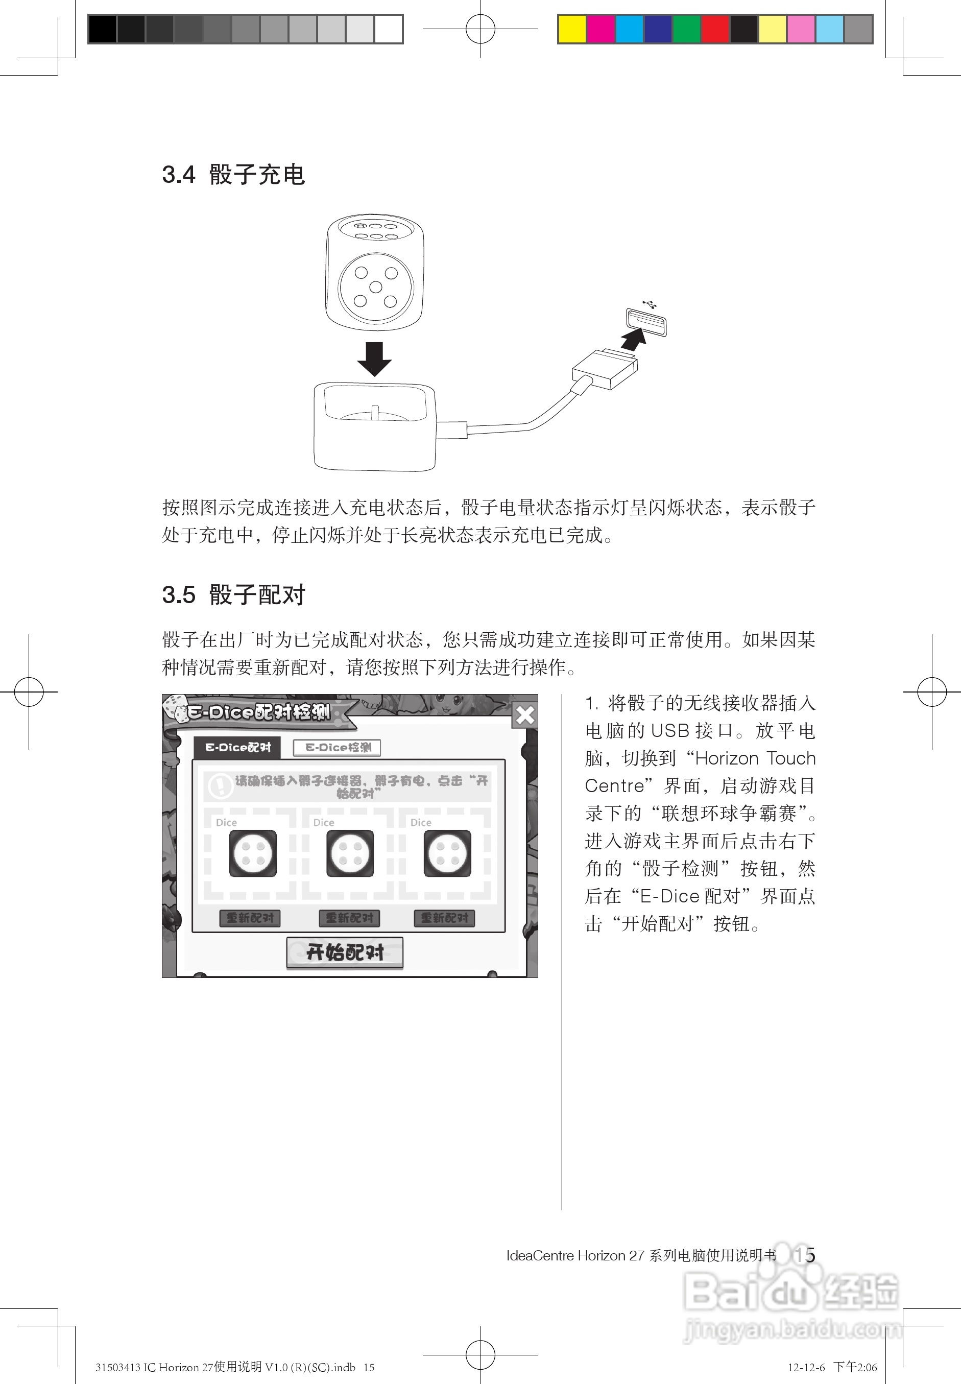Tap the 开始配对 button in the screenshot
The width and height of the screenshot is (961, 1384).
coord(345,952)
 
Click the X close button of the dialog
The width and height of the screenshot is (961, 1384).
coord(525,715)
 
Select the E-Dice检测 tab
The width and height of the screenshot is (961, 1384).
coord(337,747)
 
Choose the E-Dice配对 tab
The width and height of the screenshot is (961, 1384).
coord(238,747)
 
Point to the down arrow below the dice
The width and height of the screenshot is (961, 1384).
coord(374,359)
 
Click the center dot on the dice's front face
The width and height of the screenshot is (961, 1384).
coord(375,288)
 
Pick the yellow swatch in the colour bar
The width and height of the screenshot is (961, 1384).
coord(572,30)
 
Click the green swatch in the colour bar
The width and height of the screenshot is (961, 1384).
coord(686,30)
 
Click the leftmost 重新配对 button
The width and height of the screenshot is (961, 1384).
coord(250,918)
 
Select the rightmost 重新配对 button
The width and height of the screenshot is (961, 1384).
coord(444,918)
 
